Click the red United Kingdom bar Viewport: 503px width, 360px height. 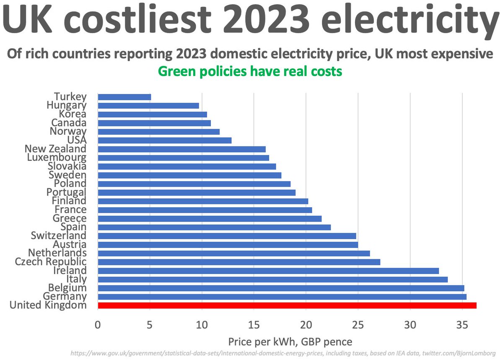pos(287,305)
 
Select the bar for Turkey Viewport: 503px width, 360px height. pos(124,97)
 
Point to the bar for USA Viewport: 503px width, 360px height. pos(164,140)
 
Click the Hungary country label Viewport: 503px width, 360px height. pos(67,105)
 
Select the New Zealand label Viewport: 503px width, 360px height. pos(55,149)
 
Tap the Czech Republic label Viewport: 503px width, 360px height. pos(51,262)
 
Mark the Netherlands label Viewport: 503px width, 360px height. pos(57,253)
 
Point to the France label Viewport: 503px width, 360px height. pos(70,209)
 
